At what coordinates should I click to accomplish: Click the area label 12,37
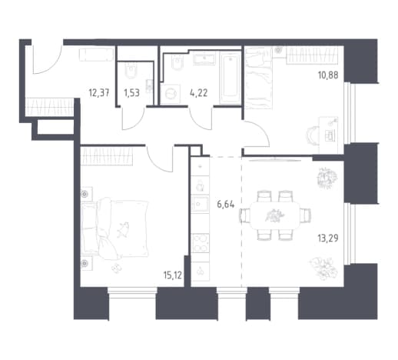(x=99, y=92)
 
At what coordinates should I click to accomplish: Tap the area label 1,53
(x=131, y=92)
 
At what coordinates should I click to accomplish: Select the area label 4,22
(x=198, y=92)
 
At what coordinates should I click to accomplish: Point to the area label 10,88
(x=328, y=75)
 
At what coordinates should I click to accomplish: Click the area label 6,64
(x=225, y=205)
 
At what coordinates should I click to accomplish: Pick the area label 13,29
(x=328, y=238)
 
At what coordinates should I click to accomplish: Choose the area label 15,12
(x=172, y=275)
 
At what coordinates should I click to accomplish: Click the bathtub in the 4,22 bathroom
(x=231, y=78)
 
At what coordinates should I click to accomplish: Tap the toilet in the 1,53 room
(x=131, y=71)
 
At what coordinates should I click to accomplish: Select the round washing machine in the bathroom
(x=170, y=94)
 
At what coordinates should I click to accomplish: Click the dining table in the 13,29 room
(x=274, y=215)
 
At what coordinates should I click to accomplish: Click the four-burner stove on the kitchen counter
(x=200, y=243)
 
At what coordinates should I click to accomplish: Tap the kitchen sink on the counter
(x=200, y=204)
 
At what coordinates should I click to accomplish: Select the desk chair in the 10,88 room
(x=313, y=135)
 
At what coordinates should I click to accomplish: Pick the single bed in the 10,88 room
(x=258, y=78)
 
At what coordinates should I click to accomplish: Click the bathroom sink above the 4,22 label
(x=204, y=58)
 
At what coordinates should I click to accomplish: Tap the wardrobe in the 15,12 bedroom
(x=107, y=156)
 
